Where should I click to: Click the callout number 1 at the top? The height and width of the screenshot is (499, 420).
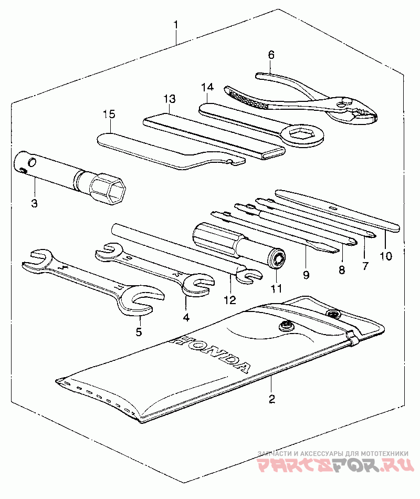point(176,25)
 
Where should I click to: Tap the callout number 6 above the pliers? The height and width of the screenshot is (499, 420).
point(271,55)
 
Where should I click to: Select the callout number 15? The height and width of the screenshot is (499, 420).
point(109,114)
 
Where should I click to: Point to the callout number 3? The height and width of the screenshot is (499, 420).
point(34,203)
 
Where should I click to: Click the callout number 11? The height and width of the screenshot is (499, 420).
point(276,288)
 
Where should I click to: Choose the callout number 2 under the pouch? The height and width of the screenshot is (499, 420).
point(271,399)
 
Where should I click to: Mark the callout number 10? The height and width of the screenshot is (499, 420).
point(385,256)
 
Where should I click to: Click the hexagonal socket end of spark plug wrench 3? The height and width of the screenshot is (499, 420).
point(110,190)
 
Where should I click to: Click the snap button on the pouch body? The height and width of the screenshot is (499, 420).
point(286,326)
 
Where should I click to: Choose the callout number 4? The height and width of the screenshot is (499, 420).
point(186,317)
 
